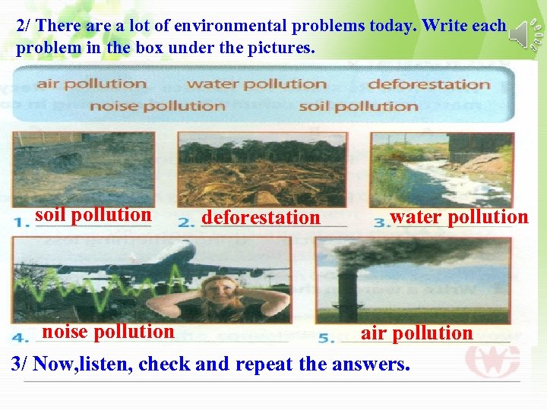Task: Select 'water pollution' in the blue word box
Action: (x=257, y=84)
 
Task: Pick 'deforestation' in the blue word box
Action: (x=429, y=84)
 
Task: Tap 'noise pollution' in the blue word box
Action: (x=157, y=106)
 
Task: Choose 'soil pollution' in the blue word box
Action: (x=359, y=106)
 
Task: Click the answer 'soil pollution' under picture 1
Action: (x=93, y=215)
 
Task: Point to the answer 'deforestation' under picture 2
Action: (x=261, y=218)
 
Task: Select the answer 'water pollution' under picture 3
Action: (x=459, y=217)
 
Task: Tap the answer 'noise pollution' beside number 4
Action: (x=108, y=332)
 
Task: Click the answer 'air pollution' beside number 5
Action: (x=416, y=333)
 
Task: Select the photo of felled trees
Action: (x=261, y=170)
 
